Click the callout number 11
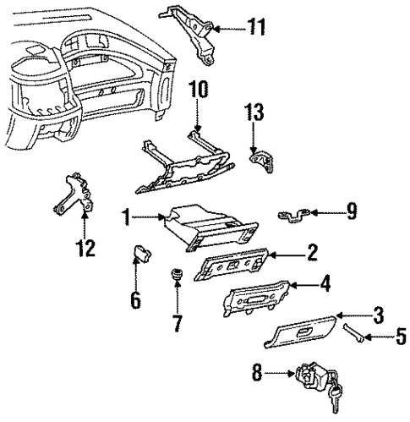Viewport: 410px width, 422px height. coord(254,28)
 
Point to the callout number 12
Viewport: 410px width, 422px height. coord(85,249)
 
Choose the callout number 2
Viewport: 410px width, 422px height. coord(312,252)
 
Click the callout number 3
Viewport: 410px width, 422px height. coord(379,315)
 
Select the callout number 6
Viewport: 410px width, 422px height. coord(136,299)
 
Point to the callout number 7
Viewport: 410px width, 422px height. coord(176,322)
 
